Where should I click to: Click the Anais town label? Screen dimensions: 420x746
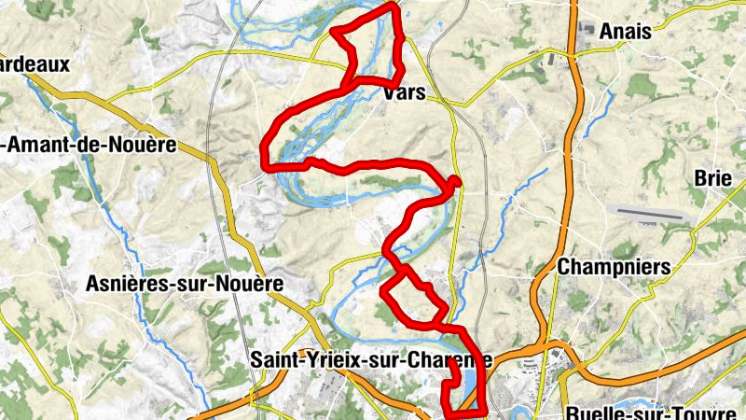tap(626, 31)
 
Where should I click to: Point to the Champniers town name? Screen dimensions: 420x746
tap(614, 267)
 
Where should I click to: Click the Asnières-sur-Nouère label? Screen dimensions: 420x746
tap(183, 283)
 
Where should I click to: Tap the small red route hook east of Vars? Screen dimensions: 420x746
tap(455, 181)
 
